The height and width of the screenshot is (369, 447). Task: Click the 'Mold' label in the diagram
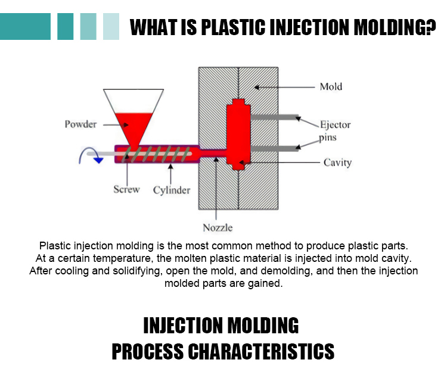(x=331, y=87)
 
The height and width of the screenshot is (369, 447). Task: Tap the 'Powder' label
(x=80, y=124)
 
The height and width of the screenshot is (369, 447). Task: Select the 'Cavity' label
(x=337, y=162)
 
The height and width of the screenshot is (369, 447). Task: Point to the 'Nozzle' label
(x=218, y=227)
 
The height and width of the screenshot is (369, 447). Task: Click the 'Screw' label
(x=126, y=190)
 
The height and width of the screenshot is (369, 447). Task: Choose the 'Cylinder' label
(x=172, y=190)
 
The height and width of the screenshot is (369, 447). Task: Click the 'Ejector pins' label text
(x=335, y=131)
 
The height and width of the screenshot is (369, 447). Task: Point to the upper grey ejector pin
(x=274, y=118)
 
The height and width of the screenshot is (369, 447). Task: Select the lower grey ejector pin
(x=274, y=147)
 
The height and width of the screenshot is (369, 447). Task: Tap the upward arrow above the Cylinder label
(x=171, y=173)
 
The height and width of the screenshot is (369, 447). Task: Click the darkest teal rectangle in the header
(x=26, y=26)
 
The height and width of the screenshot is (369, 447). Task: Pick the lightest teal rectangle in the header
(x=111, y=26)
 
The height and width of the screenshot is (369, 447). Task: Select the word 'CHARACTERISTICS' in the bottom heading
(x=262, y=351)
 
